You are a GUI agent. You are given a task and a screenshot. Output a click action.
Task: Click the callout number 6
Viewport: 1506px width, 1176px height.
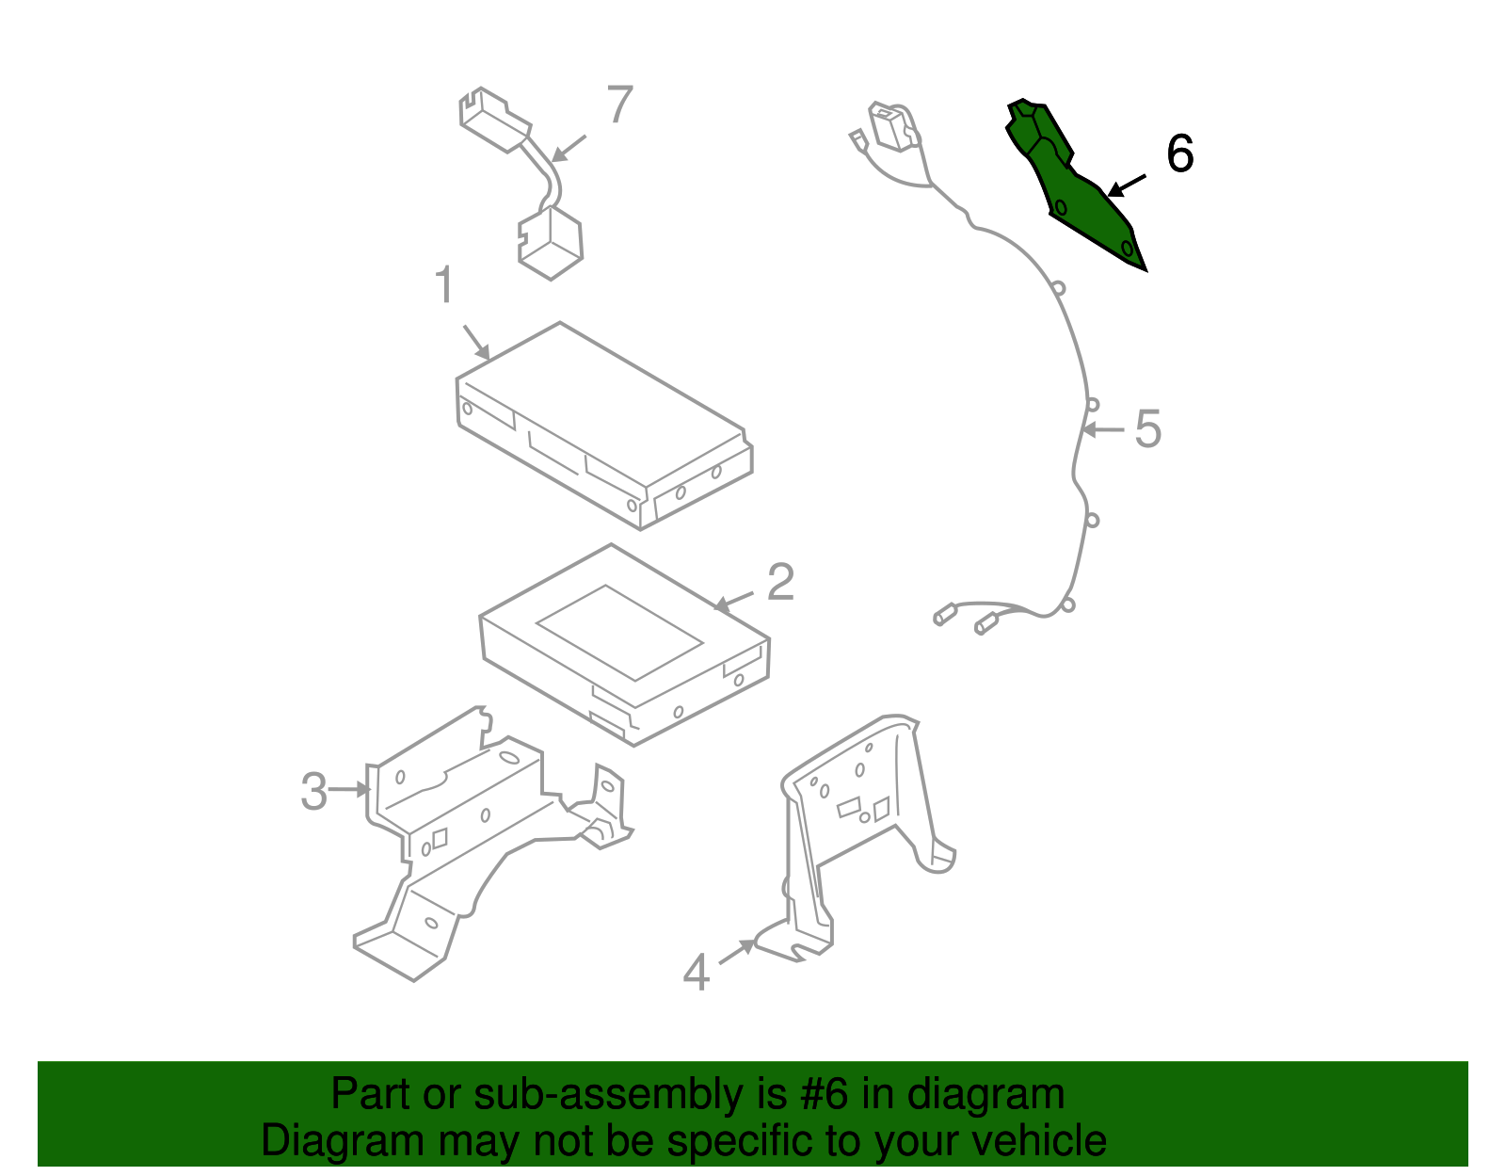(x=1180, y=153)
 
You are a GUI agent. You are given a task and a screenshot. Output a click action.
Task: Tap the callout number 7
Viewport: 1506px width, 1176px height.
(x=619, y=104)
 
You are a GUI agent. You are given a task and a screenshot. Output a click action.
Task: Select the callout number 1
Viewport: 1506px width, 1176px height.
(x=444, y=284)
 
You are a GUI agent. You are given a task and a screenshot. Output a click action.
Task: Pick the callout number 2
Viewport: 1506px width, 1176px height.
(x=781, y=582)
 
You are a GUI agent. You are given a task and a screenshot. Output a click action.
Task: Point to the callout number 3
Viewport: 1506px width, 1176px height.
(x=314, y=791)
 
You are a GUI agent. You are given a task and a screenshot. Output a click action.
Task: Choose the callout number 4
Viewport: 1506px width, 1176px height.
(x=697, y=973)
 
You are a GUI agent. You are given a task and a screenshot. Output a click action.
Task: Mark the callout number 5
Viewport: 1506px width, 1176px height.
(x=1147, y=429)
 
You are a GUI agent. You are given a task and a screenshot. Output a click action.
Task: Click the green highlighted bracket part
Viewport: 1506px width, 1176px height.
(x=1074, y=185)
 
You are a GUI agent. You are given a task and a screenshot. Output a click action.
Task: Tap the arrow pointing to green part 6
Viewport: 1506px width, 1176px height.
(x=1127, y=185)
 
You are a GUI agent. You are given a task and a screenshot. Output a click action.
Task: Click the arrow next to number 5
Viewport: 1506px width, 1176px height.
(x=1102, y=430)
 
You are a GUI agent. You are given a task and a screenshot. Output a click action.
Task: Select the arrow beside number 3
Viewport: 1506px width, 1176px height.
(x=349, y=789)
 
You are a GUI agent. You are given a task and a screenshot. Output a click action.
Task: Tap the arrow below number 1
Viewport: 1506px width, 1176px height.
(x=477, y=343)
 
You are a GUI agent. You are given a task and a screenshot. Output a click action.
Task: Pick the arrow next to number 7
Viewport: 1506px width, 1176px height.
(x=569, y=149)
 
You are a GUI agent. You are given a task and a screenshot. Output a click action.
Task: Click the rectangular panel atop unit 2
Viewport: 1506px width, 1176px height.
(x=619, y=633)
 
